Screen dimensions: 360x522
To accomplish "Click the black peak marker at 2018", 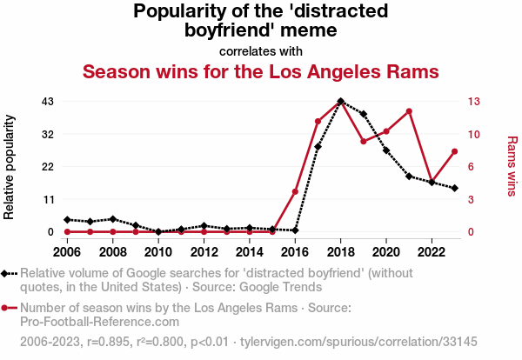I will click(x=340, y=101).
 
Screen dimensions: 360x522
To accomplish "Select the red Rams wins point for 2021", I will click(x=409, y=111).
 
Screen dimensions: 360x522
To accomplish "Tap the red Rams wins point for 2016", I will click(x=295, y=191).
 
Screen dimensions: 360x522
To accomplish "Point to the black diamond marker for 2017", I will click(x=318, y=147).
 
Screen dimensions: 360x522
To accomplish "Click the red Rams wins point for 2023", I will click(x=454, y=151).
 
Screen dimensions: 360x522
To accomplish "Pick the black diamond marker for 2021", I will click(x=409, y=176).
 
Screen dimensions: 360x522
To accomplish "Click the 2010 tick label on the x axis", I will click(x=158, y=252).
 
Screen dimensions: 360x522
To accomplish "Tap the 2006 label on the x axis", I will click(x=67, y=252).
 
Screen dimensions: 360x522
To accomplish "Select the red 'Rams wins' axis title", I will click(x=512, y=166).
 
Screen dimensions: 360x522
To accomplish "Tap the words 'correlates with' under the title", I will click(x=260, y=50).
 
